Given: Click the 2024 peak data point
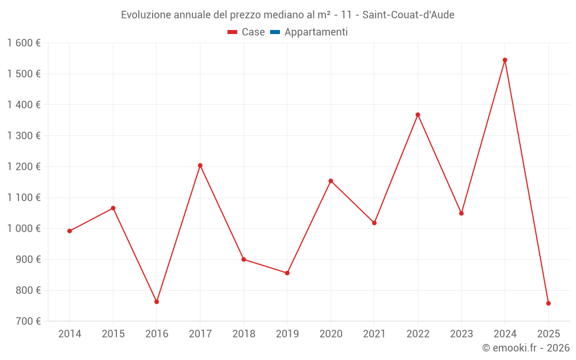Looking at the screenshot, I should click(505, 60).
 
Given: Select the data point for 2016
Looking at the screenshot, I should click(157, 302).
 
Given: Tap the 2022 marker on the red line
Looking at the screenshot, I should click(418, 115).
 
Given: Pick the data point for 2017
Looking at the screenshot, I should click(200, 165).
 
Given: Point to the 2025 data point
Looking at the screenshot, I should click(548, 303).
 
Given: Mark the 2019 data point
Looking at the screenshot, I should click(287, 273).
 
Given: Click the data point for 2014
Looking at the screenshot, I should click(70, 231).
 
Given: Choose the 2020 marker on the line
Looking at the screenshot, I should click(331, 181).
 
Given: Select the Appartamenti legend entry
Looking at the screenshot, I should click(316, 32).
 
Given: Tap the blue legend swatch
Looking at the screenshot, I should click(275, 32).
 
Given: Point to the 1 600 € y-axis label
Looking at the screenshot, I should click(24, 43).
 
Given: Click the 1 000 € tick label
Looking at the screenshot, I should click(24, 229).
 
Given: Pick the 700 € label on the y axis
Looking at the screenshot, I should click(27, 321).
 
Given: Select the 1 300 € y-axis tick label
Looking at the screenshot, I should click(24, 136).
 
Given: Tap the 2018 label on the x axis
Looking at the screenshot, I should click(244, 334).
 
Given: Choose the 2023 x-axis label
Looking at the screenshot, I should click(461, 334).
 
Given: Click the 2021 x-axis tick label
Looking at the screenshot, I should click(374, 334).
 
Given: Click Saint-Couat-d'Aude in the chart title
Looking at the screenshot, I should click(408, 15).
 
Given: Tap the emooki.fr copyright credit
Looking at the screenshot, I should click(525, 348).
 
